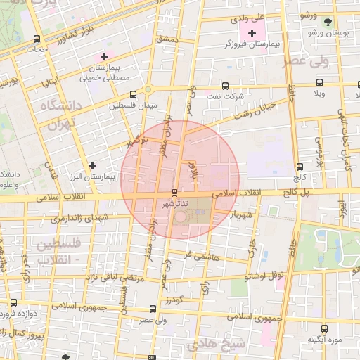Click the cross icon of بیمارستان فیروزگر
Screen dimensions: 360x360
[x=252, y=33]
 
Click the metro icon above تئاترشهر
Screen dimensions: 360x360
[x=174, y=193]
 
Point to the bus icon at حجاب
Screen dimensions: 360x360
[x=37, y=39]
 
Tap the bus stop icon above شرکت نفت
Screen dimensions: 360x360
[x=226, y=86]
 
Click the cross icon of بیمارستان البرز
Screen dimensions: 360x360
[x=92, y=165]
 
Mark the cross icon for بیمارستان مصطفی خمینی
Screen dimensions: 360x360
[x=104, y=56]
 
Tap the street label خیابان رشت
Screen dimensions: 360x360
[x=252, y=111]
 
